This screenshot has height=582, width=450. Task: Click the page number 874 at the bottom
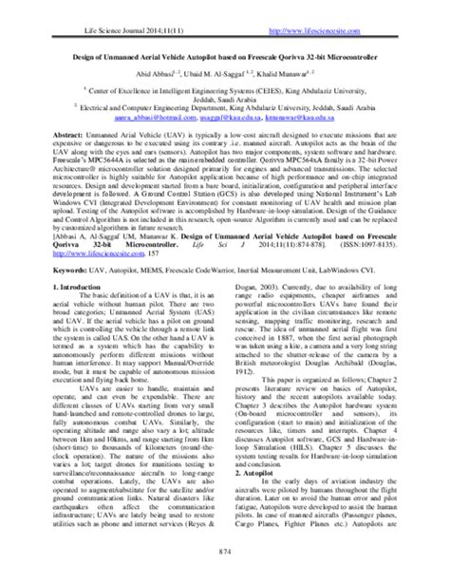pyautogui.click(x=225, y=570)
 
